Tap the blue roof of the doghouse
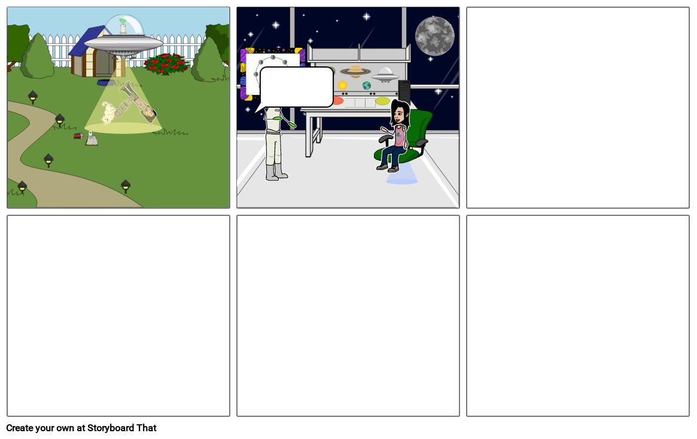[x=84, y=42]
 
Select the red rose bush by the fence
[x=166, y=63]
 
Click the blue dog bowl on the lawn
[x=106, y=83]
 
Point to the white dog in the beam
[x=108, y=112]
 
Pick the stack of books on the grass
[x=79, y=136]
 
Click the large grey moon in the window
[x=434, y=36]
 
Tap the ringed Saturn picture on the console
[x=355, y=71]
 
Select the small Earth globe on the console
[x=366, y=86]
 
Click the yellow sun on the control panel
[x=342, y=86]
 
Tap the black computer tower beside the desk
[x=404, y=92]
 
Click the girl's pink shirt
[x=400, y=137]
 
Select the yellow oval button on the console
[x=382, y=101]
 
